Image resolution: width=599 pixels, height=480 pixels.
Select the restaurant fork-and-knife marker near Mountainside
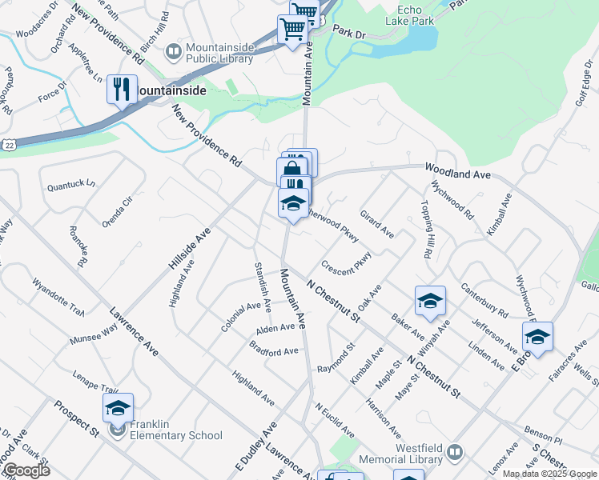(122, 89)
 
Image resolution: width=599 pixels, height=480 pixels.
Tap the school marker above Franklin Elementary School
(119, 408)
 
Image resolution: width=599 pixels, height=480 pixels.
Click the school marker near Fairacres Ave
(537, 338)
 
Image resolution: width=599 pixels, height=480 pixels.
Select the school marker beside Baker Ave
(430, 302)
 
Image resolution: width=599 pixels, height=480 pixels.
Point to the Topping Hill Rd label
(426, 228)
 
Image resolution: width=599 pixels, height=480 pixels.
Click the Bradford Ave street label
(274, 350)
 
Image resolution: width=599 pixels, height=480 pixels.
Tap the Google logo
(26, 470)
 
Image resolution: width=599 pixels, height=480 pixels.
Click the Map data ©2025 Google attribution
(549, 474)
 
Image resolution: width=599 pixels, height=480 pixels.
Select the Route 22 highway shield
(6, 145)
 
